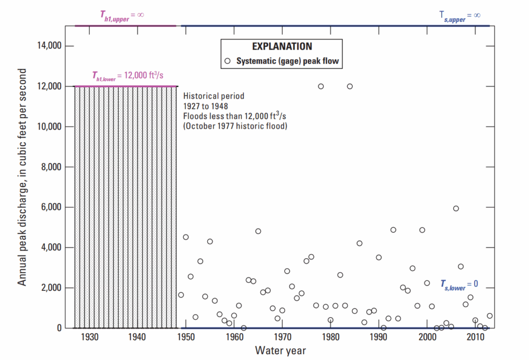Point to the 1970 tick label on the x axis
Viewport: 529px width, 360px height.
282,337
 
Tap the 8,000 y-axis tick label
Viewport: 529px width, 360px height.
51,167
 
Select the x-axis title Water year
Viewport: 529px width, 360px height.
281,351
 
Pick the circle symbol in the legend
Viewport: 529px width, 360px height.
228,61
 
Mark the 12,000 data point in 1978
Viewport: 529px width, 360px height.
321,86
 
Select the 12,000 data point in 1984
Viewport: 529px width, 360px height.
350,86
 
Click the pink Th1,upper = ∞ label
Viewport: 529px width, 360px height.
121,14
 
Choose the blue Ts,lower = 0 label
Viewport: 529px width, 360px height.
459,284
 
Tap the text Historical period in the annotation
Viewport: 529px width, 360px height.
214,96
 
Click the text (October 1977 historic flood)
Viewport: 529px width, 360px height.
235,126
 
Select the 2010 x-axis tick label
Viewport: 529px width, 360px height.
475,337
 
